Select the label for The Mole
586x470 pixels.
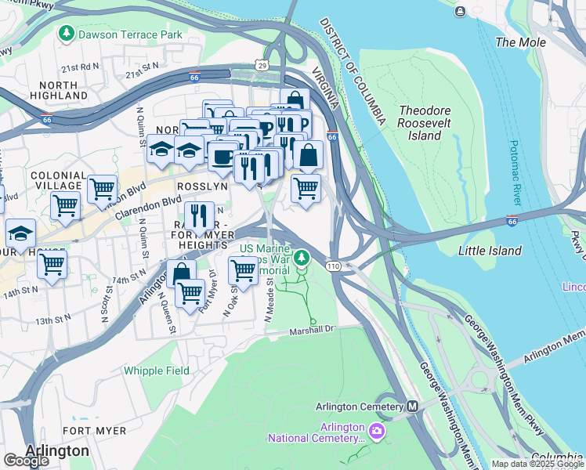click(x=521, y=42)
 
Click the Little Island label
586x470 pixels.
click(x=490, y=251)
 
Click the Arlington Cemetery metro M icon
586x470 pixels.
click(x=412, y=407)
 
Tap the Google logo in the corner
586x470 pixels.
click(x=26, y=461)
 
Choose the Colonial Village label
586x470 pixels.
click(x=59, y=180)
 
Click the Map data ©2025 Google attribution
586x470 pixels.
click(x=537, y=464)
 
